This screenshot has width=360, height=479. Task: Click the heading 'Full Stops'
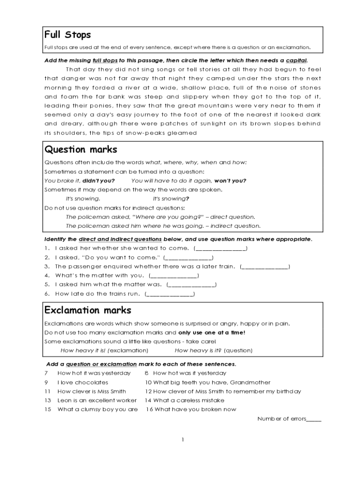(x=67, y=35)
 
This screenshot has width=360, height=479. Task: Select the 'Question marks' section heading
(x=80, y=150)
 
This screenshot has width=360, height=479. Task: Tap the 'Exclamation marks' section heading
(x=87, y=311)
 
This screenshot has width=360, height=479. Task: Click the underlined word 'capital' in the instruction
(x=296, y=61)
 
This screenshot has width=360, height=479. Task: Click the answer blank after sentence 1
(x=220, y=248)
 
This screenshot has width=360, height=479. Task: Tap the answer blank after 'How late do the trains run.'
(x=170, y=294)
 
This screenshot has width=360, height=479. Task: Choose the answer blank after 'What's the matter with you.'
(x=173, y=276)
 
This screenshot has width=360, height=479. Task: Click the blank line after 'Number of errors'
(x=313, y=419)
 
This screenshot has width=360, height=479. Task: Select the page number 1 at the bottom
(x=183, y=439)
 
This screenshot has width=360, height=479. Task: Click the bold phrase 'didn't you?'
(x=99, y=181)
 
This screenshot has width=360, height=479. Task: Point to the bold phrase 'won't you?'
(x=230, y=181)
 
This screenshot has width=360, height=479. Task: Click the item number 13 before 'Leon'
(x=47, y=400)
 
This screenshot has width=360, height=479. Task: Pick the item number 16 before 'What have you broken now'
(x=149, y=409)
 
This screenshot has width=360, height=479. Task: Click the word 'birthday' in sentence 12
(x=288, y=392)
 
